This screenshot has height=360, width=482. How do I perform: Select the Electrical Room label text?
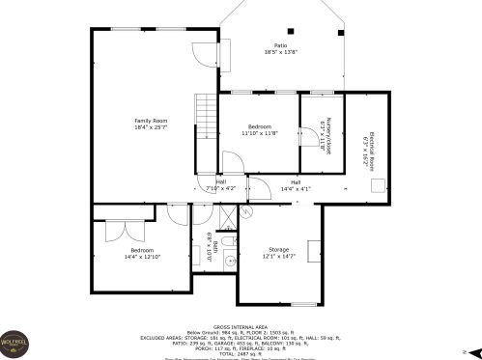(366, 150)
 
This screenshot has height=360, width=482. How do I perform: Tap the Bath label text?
(213, 248)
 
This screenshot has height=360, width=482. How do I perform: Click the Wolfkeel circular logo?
(17, 343)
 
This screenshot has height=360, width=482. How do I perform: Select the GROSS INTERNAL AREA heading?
(241, 325)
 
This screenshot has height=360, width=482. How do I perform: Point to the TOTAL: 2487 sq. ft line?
(241, 352)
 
